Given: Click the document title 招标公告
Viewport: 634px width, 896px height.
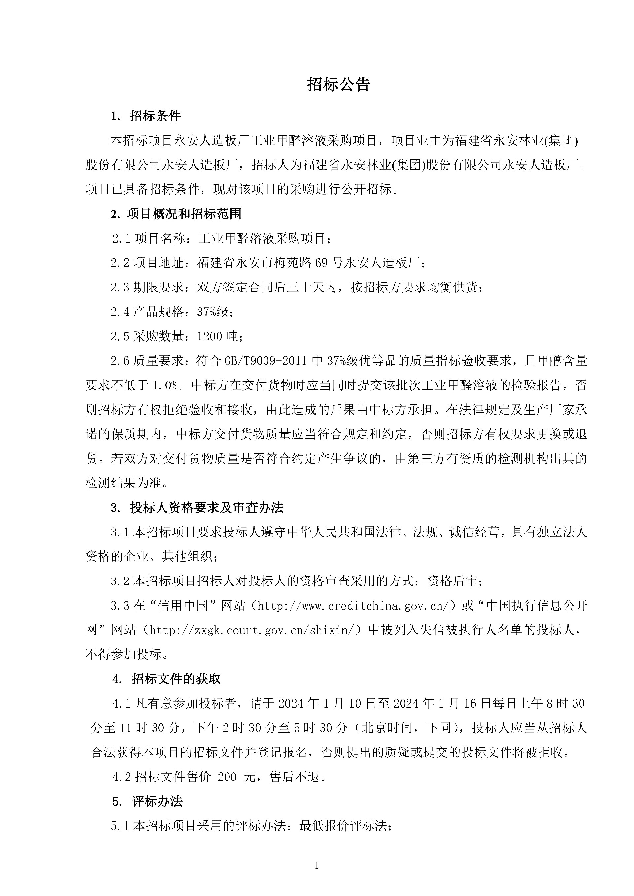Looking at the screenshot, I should tap(338, 84).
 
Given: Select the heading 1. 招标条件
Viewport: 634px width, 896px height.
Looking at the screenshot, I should tap(146, 116).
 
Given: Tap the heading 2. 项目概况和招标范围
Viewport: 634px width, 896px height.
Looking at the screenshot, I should tap(176, 214).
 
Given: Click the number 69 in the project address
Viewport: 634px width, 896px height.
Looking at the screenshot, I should tap(321, 263).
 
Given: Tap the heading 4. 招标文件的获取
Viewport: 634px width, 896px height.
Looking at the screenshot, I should tap(167, 679).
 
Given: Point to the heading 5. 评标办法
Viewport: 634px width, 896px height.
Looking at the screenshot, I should tap(148, 802).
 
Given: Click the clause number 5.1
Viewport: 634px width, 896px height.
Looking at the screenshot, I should tap(120, 826).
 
